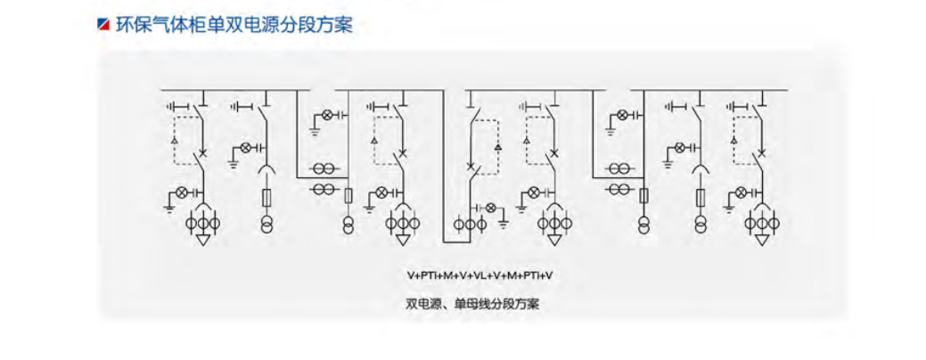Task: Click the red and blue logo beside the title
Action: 102,24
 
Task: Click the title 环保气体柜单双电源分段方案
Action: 234,24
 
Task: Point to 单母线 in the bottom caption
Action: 473,304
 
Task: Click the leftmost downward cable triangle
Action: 203,239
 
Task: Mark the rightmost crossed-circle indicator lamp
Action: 741,192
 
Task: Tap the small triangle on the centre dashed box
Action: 498,145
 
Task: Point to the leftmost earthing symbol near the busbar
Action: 174,107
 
